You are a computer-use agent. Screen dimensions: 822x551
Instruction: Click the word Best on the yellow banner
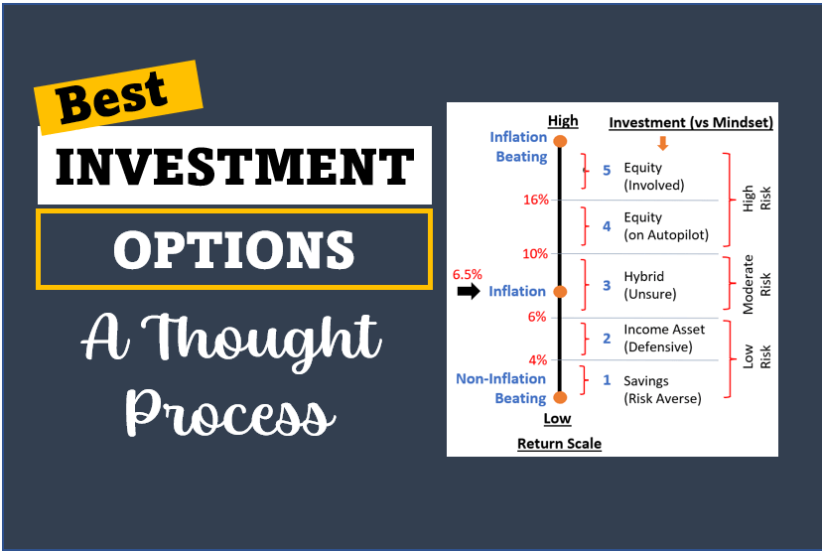point(111,97)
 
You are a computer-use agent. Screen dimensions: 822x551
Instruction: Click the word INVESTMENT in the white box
point(235,167)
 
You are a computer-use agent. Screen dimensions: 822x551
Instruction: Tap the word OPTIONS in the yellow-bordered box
point(234,249)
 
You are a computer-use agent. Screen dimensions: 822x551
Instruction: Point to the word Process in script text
point(229,414)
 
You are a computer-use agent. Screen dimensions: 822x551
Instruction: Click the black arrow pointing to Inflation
point(469,291)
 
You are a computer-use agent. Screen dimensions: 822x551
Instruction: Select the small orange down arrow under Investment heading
point(662,143)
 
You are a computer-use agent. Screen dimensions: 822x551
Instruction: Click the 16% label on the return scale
point(536,200)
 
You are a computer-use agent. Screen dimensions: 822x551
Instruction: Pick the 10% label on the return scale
point(535,254)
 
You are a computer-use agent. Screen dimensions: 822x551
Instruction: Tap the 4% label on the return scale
point(538,360)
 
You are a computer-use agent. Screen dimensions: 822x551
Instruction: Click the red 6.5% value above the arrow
point(468,274)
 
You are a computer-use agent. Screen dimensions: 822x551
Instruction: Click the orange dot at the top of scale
point(560,141)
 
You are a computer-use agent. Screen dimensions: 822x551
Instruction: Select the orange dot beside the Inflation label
point(560,292)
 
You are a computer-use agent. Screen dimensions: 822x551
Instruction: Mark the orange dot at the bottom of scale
point(560,397)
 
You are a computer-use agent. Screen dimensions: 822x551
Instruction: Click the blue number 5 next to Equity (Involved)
point(607,171)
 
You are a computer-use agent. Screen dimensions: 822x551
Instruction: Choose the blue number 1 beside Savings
point(607,380)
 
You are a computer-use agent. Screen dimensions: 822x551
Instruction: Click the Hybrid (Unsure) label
point(650,285)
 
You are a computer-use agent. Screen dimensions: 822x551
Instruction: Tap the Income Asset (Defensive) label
point(664,339)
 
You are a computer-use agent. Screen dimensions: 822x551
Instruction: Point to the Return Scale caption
point(559,444)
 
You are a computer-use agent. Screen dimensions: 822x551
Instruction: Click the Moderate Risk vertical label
point(756,285)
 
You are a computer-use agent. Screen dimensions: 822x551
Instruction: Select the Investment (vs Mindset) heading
point(691,123)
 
